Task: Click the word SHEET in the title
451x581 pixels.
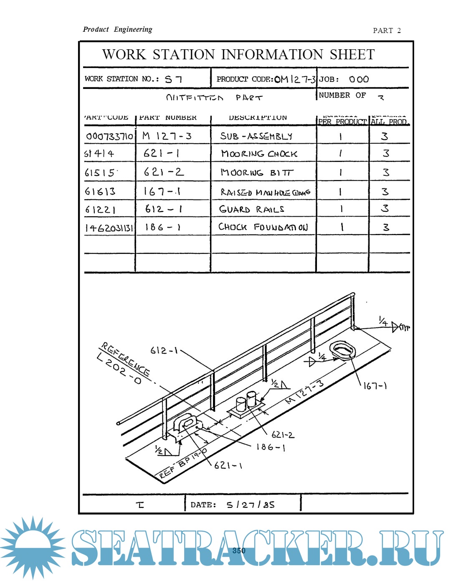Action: pyautogui.click(x=352, y=55)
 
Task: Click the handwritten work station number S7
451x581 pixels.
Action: pyautogui.click(x=173, y=79)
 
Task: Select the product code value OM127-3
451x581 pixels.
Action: pyautogui.click(x=295, y=79)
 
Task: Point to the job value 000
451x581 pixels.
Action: pyautogui.click(x=359, y=79)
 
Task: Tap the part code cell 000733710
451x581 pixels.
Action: pyautogui.click(x=109, y=136)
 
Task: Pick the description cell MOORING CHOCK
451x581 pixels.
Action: pyautogui.click(x=259, y=154)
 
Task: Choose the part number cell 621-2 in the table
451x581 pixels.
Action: pyautogui.click(x=163, y=172)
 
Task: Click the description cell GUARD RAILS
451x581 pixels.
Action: pyautogui.click(x=252, y=209)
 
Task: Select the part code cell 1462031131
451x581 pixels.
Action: pyautogui.click(x=109, y=228)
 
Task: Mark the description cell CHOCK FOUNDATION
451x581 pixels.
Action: pyautogui.click(x=263, y=227)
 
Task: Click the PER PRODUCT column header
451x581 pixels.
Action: pyautogui.click(x=342, y=122)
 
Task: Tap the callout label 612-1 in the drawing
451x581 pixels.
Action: pyautogui.click(x=164, y=350)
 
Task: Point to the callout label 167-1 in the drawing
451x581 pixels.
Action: pyautogui.click(x=375, y=386)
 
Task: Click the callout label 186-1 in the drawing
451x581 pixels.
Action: pyautogui.click(x=271, y=447)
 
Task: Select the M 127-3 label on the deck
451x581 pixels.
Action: pyautogui.click(x=304, y=392)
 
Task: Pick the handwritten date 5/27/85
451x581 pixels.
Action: pyautogui.click(x=251, y=505)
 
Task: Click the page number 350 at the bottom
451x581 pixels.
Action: pyautogui.click(x=239, y=551)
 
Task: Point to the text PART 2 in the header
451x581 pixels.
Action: pyautogui.click(x=387, y=30)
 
